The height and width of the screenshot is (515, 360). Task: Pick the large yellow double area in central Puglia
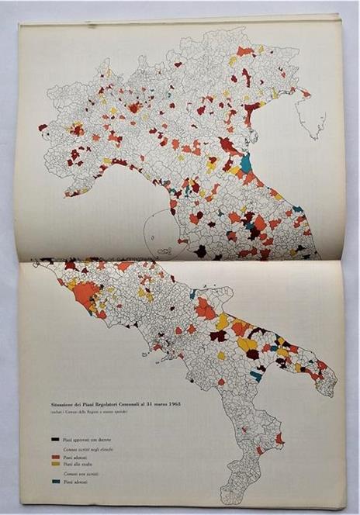pos(247,343)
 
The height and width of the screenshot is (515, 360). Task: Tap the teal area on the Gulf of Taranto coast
pos(257,376)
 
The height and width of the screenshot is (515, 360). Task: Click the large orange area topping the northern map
pos(245,51)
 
